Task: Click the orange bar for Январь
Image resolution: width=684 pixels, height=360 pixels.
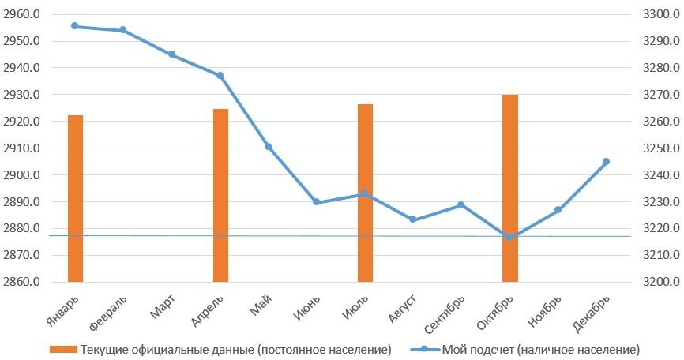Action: tap(75, 198)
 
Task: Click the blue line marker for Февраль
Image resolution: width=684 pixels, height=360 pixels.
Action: tap(123, 30)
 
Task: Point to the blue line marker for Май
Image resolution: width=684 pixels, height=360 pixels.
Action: tap(269, 146)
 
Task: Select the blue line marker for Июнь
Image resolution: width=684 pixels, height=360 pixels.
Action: tap(317, 201)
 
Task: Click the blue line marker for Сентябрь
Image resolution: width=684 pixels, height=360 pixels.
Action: tap(461, 205)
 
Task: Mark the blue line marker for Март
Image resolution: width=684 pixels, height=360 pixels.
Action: tap(172, 54)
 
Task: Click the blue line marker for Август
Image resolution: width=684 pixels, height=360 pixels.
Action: tap(413, 219)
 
